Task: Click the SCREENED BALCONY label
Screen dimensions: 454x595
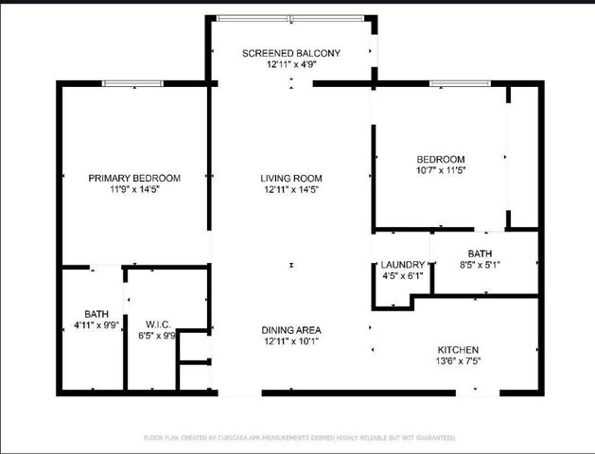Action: [290, 53]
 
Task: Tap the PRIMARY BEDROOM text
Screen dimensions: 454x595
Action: [134, 178]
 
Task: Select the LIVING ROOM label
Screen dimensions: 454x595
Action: [291, 178]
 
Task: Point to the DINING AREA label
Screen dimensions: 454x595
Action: [291, 330]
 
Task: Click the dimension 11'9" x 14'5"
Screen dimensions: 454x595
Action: [134, 189]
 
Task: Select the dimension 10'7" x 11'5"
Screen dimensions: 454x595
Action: [441, 170]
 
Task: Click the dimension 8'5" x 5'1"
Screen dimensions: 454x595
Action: [480, 265]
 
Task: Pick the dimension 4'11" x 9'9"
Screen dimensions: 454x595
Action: [96, 325]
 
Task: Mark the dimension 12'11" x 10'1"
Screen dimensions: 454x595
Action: [291, 341]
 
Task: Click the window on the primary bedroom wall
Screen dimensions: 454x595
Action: [133, 84]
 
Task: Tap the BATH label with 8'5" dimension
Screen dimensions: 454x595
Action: [480, 253]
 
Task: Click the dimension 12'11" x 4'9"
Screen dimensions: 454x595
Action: [290, 64]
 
